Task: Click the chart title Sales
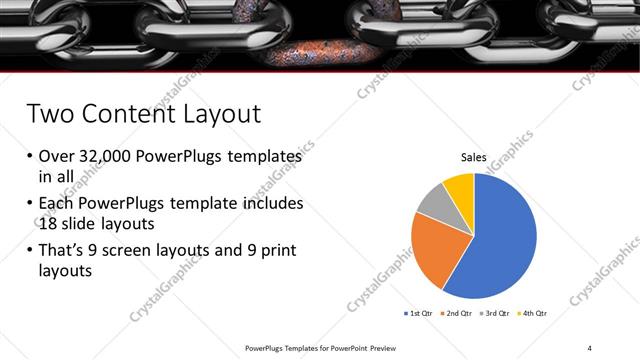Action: tap(474, 157)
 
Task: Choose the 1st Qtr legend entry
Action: tap(418, 313)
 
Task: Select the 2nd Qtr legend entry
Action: tap(459, 313)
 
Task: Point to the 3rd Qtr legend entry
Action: tap(497, 313)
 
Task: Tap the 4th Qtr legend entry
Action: tap(535, 313)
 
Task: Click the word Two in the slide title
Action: tap(49, 113)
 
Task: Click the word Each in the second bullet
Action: tap(57, 202)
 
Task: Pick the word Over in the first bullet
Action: tap(57, 157)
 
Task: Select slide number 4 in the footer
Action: tap(590, 348)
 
